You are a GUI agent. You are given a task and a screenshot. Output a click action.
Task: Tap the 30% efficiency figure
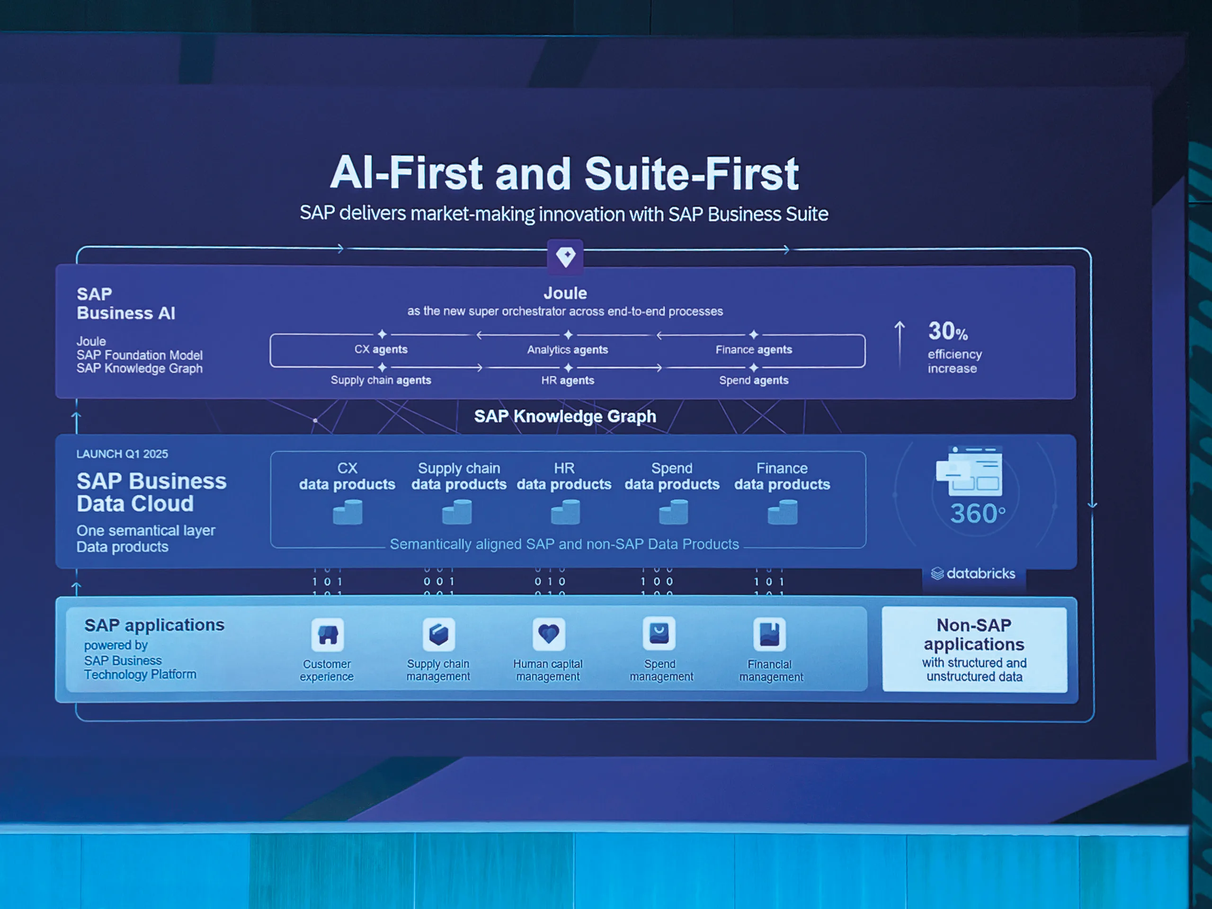pos(948,331)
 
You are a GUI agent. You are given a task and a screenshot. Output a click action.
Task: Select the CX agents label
pos(381,349)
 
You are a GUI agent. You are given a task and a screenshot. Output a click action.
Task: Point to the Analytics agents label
pos(568,349)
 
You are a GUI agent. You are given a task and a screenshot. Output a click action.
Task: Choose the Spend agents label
pos(754,380)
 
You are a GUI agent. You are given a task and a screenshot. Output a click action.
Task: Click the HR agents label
pos(568,380)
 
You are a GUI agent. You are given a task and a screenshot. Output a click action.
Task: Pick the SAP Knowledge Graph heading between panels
pos(565,417)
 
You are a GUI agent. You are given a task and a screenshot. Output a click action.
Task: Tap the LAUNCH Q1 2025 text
pos(122,454)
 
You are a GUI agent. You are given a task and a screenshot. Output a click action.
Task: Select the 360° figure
pos(978,513)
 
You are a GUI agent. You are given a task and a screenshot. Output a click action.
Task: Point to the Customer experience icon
pos(328,634)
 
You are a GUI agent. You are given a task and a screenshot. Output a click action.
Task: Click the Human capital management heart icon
pos(548,634)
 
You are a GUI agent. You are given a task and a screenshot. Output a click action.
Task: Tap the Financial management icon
pos(769,634)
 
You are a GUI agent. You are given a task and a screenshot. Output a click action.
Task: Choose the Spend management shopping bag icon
pos(659,633)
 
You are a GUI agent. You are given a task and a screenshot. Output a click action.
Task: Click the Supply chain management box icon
pos(438,634)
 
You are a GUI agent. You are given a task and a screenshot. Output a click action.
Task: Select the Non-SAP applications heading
pos(974,634)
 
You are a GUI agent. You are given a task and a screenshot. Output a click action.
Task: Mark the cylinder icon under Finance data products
pos(783,512)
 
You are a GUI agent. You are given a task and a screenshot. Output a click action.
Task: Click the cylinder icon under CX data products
pos(348,512)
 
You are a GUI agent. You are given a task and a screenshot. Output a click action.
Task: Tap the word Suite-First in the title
pos(692,173)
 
